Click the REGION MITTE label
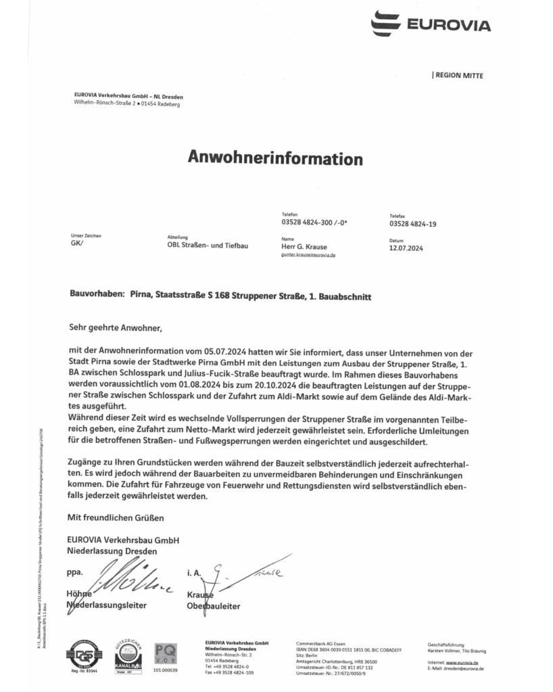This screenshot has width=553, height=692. tap(458, 76)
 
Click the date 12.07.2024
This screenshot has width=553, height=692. tap(406, 248)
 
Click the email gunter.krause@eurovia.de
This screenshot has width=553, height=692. tap(308, 256)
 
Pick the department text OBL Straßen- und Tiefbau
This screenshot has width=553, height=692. tap(208, 246)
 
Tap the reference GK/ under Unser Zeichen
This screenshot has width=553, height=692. tap(76, 245)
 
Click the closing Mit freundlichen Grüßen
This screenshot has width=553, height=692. tap(116, 517)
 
